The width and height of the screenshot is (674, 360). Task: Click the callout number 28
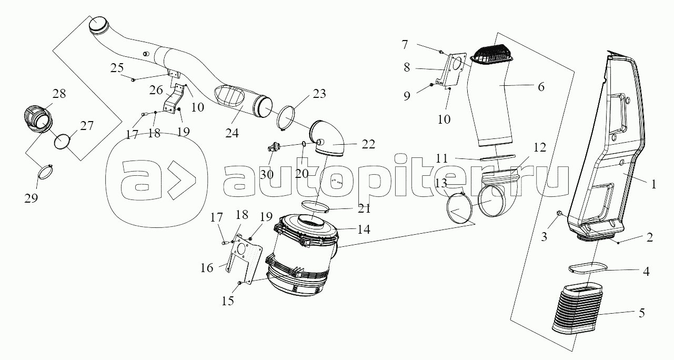point(59,94)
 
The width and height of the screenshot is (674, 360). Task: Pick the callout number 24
point(232,134)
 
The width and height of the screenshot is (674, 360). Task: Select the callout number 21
point(364,209)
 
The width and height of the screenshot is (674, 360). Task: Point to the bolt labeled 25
point(134,79)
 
